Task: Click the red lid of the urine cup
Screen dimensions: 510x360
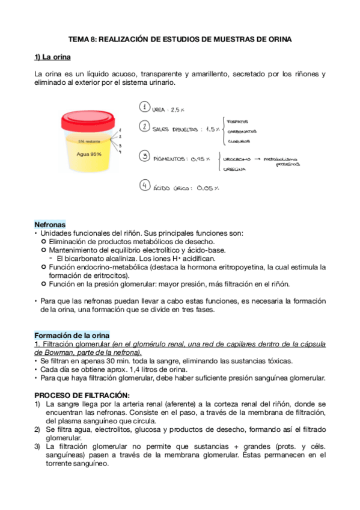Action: (x=88, y=118)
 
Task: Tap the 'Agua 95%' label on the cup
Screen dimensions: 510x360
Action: (x=88, y=153)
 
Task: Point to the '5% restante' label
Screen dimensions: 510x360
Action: (x=88, y=141)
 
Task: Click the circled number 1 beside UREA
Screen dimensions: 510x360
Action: (x=144, y=107)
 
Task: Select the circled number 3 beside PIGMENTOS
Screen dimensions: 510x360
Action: (x=144, y=156)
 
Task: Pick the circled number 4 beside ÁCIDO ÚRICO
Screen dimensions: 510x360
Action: (x=144, y=186)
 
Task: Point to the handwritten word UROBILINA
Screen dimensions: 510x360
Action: (x=234, y=169)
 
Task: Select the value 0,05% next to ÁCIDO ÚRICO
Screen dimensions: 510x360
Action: (x=207, y=188)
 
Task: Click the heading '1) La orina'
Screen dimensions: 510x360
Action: (x=53, y=58)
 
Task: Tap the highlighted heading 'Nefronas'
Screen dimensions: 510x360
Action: (x=50, y=224)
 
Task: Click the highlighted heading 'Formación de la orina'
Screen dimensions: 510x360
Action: (x=72, y=335)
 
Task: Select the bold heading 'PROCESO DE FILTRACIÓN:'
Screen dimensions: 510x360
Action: (x=82, y=395)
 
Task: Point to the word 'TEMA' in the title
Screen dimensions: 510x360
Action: (x=78, y=40)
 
